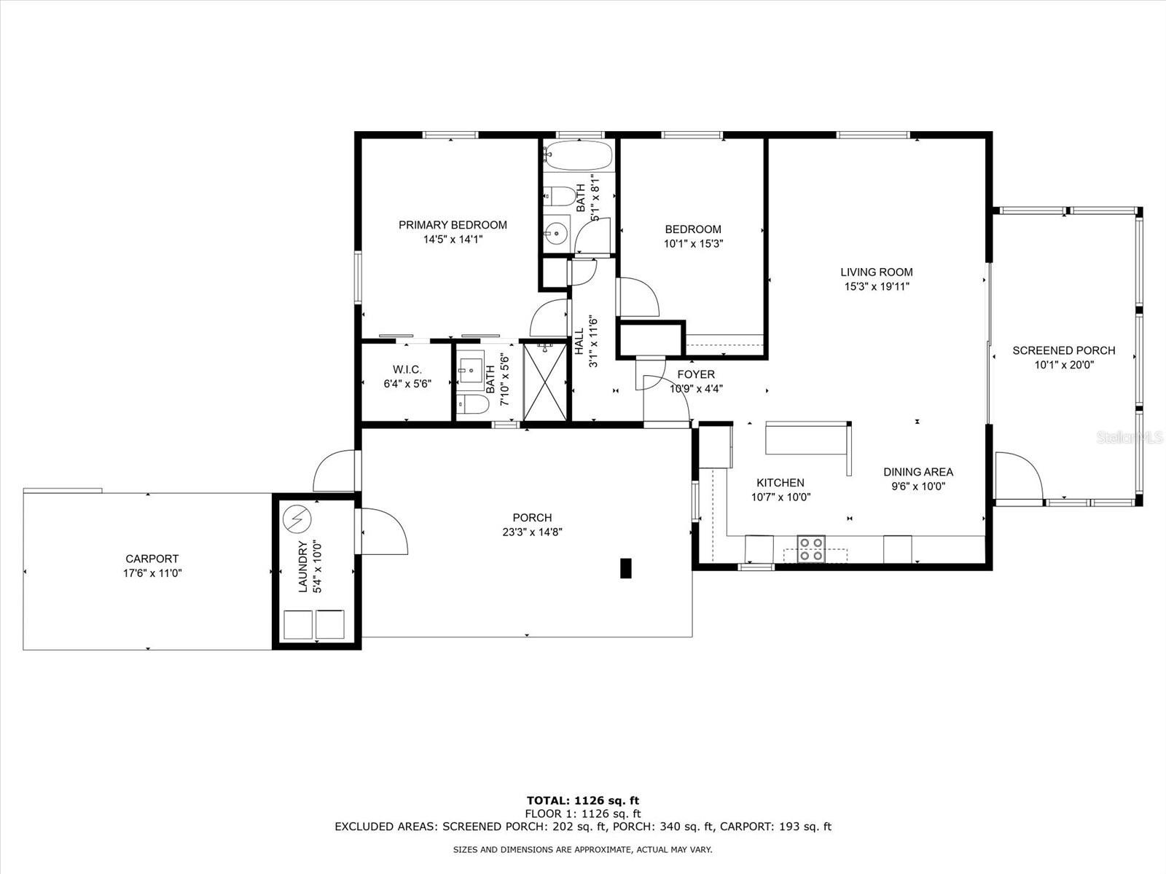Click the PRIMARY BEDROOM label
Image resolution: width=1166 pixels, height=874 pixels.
tap(453, 225)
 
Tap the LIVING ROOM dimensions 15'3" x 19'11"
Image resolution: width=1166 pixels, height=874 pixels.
tap(877, 286)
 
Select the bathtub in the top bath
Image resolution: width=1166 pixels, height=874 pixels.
tap(579, 155)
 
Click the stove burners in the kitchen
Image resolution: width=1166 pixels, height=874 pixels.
tap(811, 549)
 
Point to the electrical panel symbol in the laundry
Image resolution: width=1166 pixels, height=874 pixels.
tap(297, 519)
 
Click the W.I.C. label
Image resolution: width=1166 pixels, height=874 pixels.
tap(407, 369)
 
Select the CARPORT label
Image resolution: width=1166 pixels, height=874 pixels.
tap(152, 559)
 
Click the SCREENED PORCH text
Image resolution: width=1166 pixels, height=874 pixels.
tap(1063, 350)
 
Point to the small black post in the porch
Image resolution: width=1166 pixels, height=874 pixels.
tap(626, 568)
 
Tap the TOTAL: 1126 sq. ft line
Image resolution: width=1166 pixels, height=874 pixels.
tap(583, 800)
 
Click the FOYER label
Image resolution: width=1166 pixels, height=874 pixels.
tap(696, 374)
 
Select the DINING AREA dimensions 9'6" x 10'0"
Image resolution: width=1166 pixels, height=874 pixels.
tap(918, 486)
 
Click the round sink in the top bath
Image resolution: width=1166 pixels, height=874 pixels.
tap(555, 233)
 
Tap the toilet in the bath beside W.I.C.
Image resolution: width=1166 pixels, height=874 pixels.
tap(473, 405)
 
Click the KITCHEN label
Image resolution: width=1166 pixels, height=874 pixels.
tap(780, 483)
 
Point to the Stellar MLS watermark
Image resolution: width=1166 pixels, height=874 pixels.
tap(1129, 438)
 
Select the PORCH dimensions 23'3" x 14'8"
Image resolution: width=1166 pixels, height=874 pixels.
tap(532, 532)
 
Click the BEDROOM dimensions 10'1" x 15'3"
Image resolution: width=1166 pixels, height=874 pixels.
tap(693, 243)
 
